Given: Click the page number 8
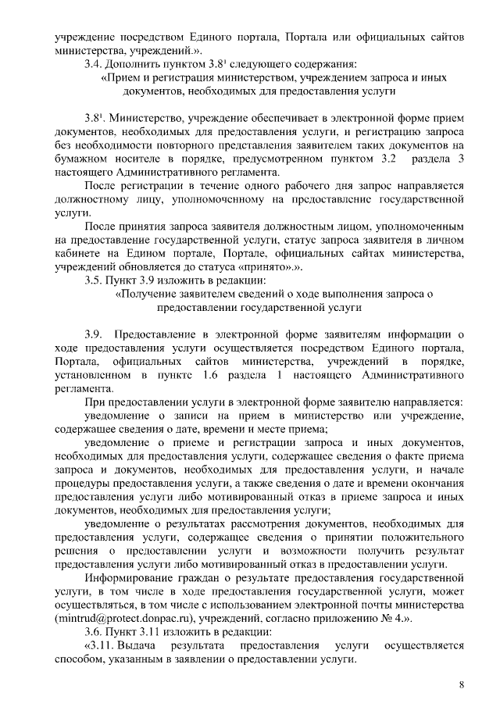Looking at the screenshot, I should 462,685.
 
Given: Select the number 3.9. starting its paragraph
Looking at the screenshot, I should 95,337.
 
